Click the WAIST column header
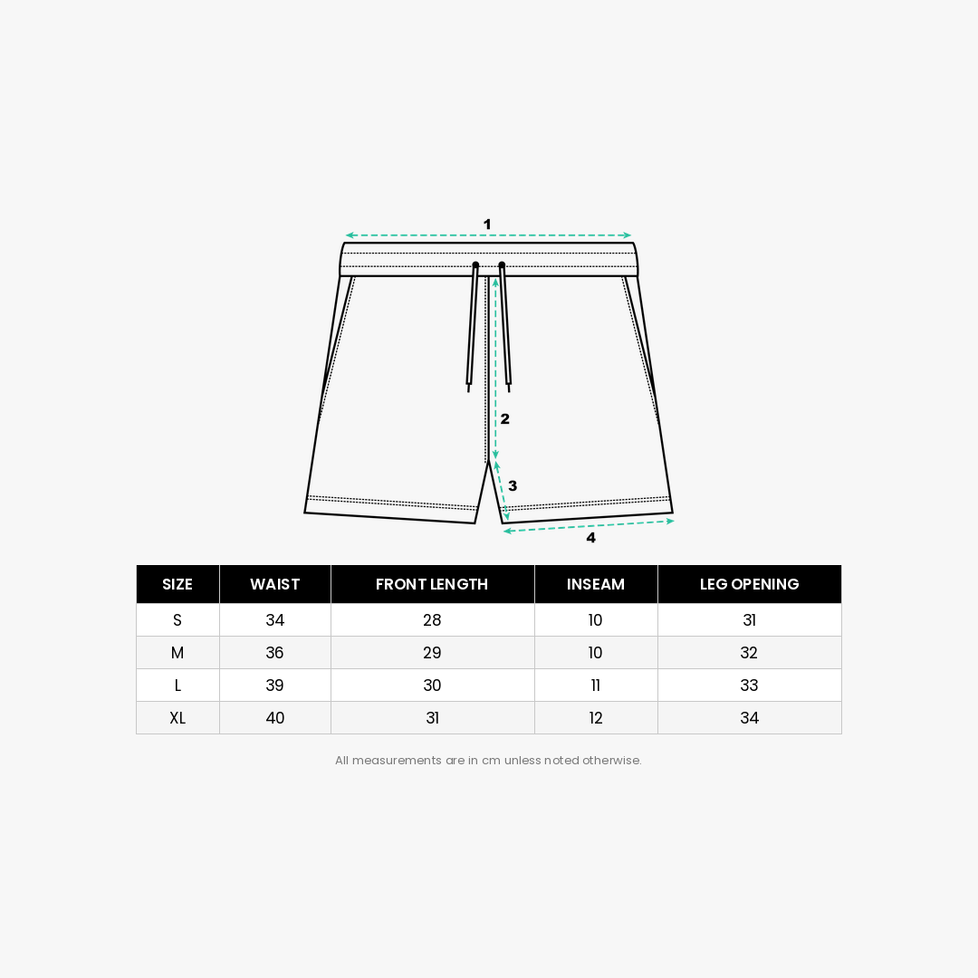pyautogui.click(x=274, y=584)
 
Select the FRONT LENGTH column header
pyautogui.click(x=432, y=584)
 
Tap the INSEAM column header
pyautogui.click(x=596, y=584)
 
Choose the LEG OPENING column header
pyautogui.click(x=749, y=584)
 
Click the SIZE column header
pyautogui.click(x=177, y=584)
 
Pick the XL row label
pyautogui.click(x=177, y=718)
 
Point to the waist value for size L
pyautogui.click(x=274, y=686)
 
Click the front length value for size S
pyautogui.click(x=432, y=620)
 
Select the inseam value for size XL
pyautogui.click(x=596, y=718)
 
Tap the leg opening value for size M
pyautogui.click(x=749, y=653)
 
